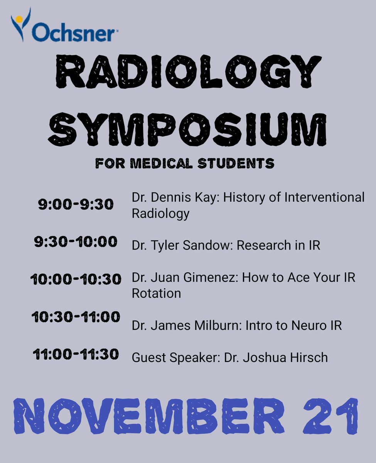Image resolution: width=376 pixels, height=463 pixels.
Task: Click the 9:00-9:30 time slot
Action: pos(76,204)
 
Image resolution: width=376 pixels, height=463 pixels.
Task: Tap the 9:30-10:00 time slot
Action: pos(76,243)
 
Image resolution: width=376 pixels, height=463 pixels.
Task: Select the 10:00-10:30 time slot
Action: pos(76,279)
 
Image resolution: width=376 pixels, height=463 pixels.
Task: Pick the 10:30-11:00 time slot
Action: pos(76,318)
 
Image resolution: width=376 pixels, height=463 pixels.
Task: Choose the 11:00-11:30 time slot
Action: pos(76,354)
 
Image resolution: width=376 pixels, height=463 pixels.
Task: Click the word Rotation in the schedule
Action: pos(156,293)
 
